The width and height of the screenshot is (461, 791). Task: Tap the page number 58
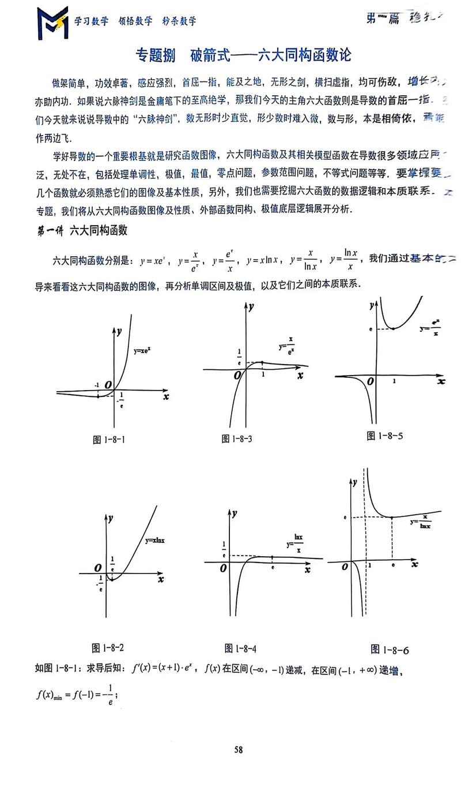point(238,749)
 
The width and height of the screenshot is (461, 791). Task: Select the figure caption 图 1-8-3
point(236,439)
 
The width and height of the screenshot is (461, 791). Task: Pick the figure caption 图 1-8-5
point(384,436)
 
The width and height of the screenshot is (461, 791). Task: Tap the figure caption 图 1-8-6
point(390,650)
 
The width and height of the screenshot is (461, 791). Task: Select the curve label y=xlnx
point(155,541)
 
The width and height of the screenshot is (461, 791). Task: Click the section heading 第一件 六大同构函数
point(82,231)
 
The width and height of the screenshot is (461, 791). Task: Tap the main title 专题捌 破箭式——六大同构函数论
point(243,55)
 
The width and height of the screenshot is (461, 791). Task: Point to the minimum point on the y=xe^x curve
point(98,396)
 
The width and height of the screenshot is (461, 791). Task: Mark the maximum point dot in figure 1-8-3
point(262,362)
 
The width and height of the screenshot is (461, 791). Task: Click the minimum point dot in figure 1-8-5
point(393,328)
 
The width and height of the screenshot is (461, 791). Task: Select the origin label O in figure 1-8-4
point(223,568)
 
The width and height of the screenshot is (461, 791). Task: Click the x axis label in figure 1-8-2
point(160,578)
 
